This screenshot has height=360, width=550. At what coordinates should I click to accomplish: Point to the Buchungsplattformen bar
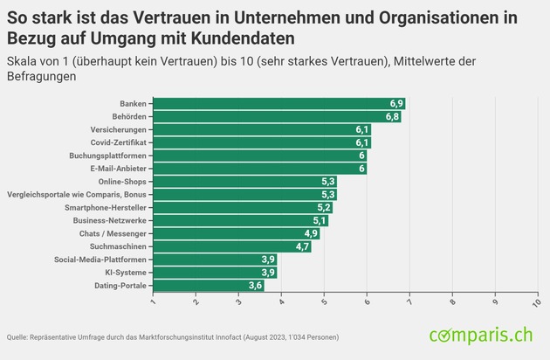tap(260, 156)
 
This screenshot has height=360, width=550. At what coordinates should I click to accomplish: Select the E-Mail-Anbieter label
tap(120, 169)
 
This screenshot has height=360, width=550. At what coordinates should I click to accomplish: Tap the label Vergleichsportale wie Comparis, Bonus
tap(78, 194)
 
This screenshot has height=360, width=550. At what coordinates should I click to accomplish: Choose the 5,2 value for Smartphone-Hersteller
tap(323, 208)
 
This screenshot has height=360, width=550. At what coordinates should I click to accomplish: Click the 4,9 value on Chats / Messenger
tap(311, 234)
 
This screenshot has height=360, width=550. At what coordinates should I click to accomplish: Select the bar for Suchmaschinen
tap(231, 246)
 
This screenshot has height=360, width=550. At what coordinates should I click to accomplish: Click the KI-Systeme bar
tap(215, 273)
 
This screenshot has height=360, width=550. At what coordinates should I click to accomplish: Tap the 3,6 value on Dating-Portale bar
tap(255, 286)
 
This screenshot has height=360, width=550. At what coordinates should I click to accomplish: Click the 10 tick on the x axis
tap(536, 301)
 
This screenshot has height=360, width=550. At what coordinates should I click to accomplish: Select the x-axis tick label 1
tap(154, 301)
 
